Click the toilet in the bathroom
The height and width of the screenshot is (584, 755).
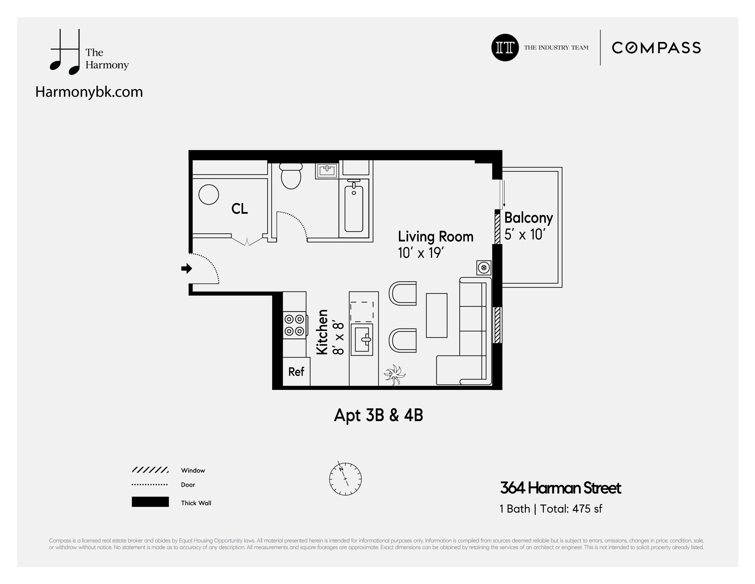pyautogui.click(x=291, y=176)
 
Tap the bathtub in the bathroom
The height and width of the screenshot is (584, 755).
pyautogui.click(x=354, y=209)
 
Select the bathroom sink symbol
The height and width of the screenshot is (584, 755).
pyautogui.click(x=327, y=170)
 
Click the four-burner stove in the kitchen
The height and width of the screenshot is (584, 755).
pyautogui.click(x=294, y=325)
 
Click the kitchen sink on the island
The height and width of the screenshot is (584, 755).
pyautogui.click(x=362, y=339)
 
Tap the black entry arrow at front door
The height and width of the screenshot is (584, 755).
pyautogui.click(x=187, y=268)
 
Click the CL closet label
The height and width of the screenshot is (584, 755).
pyautogui.click(x=239, y=209)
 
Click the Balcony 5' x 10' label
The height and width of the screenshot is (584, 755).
pyautogui.click(x=528, y=226)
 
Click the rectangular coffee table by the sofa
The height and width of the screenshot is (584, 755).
pyautogui.click(x=436, y=315)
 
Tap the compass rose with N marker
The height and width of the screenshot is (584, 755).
pyautogui.click(x=345, y=479)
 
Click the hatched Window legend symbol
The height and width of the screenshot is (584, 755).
pyautogui.click(x=150, y=470)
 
